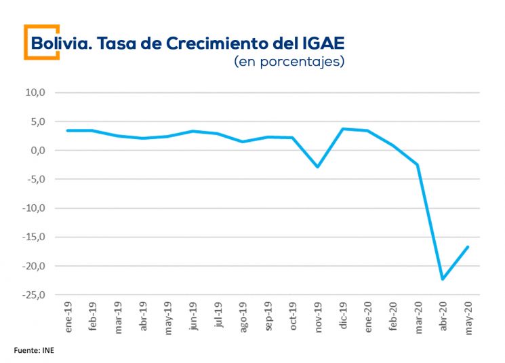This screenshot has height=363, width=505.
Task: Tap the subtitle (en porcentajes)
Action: (289, 62)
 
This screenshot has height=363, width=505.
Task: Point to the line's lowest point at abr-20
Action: (443, 279)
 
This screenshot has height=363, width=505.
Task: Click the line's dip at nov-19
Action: (317, 167)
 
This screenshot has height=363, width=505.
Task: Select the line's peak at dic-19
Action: (343, 128)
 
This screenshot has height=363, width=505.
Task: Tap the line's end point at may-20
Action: (468, 246)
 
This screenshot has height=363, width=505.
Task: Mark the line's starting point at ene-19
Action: (68, 130)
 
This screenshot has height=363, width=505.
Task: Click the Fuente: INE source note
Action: (33, 351)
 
